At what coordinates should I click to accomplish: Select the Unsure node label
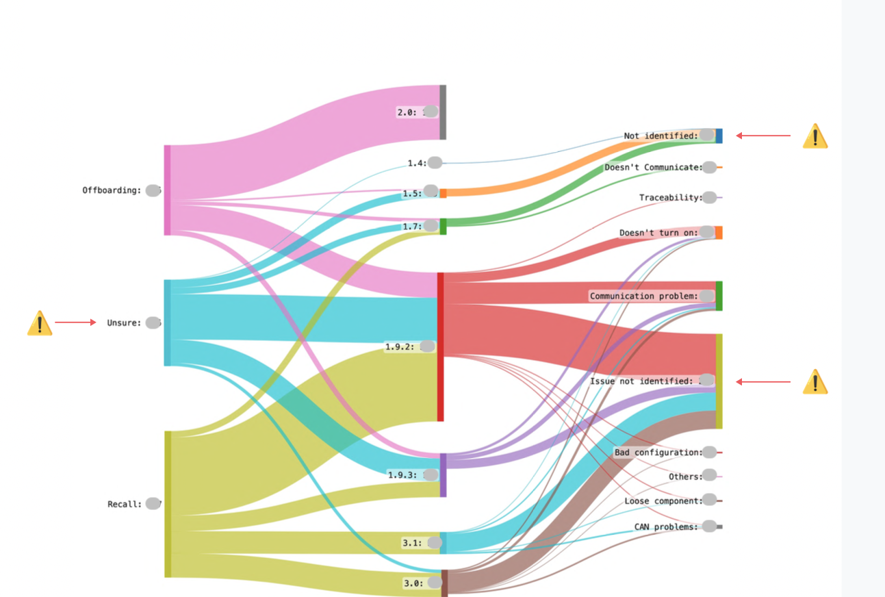(123, 322)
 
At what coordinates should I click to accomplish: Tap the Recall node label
(124, 504)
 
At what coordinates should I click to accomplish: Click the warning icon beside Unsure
(40, 323)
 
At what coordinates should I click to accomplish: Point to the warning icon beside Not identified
(815, 136)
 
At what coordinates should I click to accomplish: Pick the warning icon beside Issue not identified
(815, 382)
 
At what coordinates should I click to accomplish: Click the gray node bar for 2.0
(443, 112)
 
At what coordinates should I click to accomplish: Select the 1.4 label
(417, 163)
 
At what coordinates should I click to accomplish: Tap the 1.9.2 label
(400, 346)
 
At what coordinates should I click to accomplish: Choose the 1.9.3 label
(402, 474)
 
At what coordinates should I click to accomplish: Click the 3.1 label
(411, 543)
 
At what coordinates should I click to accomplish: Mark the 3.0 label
(411, 583)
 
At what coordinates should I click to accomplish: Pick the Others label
(685, 477)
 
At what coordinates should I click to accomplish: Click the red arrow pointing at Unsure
(75, 322)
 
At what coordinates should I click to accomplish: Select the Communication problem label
(643, 296)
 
